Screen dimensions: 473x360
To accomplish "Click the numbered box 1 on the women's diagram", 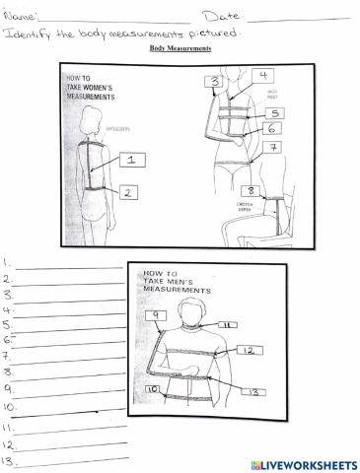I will pos(131,160).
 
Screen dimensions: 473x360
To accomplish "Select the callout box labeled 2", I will pos(129,193).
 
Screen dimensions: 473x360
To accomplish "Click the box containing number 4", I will pos(263,76).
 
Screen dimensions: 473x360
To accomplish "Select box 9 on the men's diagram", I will pos(155,315).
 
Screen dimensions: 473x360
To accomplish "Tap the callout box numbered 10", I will pos(154,389).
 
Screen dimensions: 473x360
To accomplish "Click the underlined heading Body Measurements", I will pos(180,47).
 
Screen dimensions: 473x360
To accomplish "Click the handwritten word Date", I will pos(222,16).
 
